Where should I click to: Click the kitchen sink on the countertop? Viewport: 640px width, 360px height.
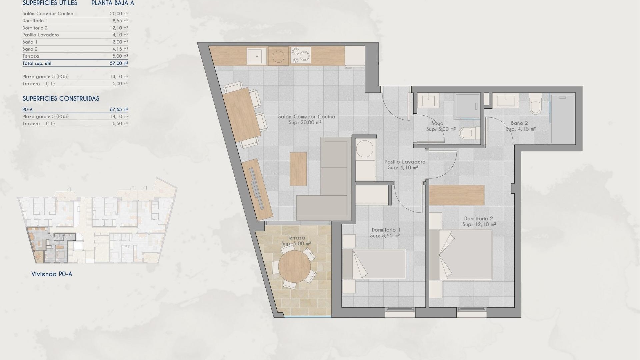pyautogui.click(x=257, y=56)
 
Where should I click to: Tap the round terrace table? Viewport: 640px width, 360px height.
pyautogui.click(x=294, y=267)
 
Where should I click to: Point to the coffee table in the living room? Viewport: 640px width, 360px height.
pyautogui.click(x=298, y=169)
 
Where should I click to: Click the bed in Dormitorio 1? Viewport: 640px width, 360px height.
pyautogui.click(x=374, y=264)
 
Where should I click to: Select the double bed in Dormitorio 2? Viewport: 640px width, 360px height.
pyautogui.click(x=461, y=255)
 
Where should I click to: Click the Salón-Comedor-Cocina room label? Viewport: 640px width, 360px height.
pyautogui.click(x=306, y=117)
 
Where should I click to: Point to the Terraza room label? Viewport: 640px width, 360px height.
pyautogui.click(x=296, y=238)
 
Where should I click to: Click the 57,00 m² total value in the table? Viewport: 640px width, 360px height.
pyautogui.click(x=119, y=63)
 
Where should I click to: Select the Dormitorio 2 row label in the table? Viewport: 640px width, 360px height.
pyautogui.click(x=35, y=28)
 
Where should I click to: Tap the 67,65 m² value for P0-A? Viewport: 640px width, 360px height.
pyautogui.click(x=119, y=109)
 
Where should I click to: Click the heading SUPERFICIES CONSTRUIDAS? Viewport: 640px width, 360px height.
pyautogui.click(x=61, y=99)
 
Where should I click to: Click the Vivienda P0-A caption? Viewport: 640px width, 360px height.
pyautogui.click(x=52, y=274)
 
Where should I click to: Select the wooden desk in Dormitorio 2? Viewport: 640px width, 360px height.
pyautogui.click(x=456, y=195)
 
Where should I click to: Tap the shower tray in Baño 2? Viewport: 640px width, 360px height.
pyautogui.click(x=563, y=118)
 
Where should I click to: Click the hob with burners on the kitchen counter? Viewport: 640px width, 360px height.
pyautogui.click(x=300, y=55)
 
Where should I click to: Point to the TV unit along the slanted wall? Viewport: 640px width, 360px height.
pyautogui.click(x=257, y=188)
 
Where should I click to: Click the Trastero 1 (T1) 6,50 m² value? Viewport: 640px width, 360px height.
pyautogui.click(x=120, y=124)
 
